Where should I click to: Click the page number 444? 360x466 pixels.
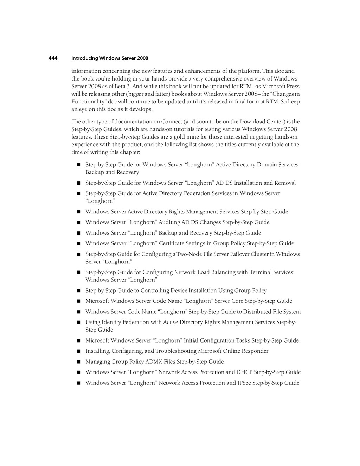[53, 58]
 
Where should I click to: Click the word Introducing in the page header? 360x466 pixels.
[84, 58]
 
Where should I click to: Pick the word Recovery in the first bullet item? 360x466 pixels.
[128, 172]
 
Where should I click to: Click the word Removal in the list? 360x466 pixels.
[285, 183]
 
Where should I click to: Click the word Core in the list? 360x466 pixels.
[237, 301]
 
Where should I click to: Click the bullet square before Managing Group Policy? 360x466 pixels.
[78, 362]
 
